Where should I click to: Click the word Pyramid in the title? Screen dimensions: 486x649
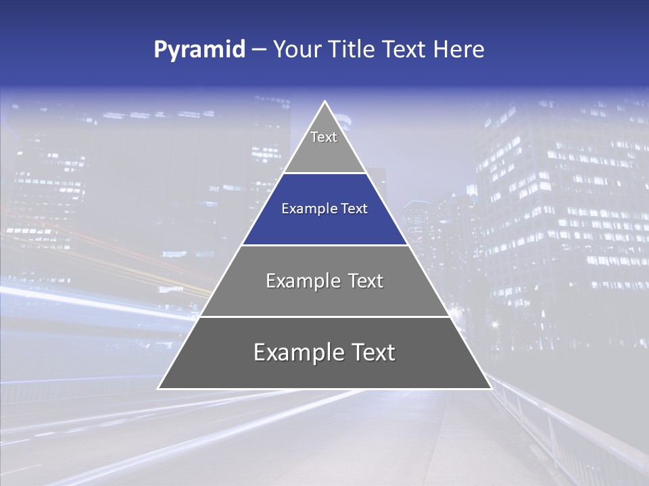[199, 50]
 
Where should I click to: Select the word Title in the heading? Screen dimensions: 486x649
[353, 50]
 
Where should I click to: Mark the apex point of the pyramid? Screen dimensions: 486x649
[324, 102]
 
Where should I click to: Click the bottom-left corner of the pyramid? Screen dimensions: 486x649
[158, 388]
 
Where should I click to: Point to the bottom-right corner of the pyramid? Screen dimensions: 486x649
[491, 388]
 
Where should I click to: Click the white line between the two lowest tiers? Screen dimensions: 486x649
[324, 317]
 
